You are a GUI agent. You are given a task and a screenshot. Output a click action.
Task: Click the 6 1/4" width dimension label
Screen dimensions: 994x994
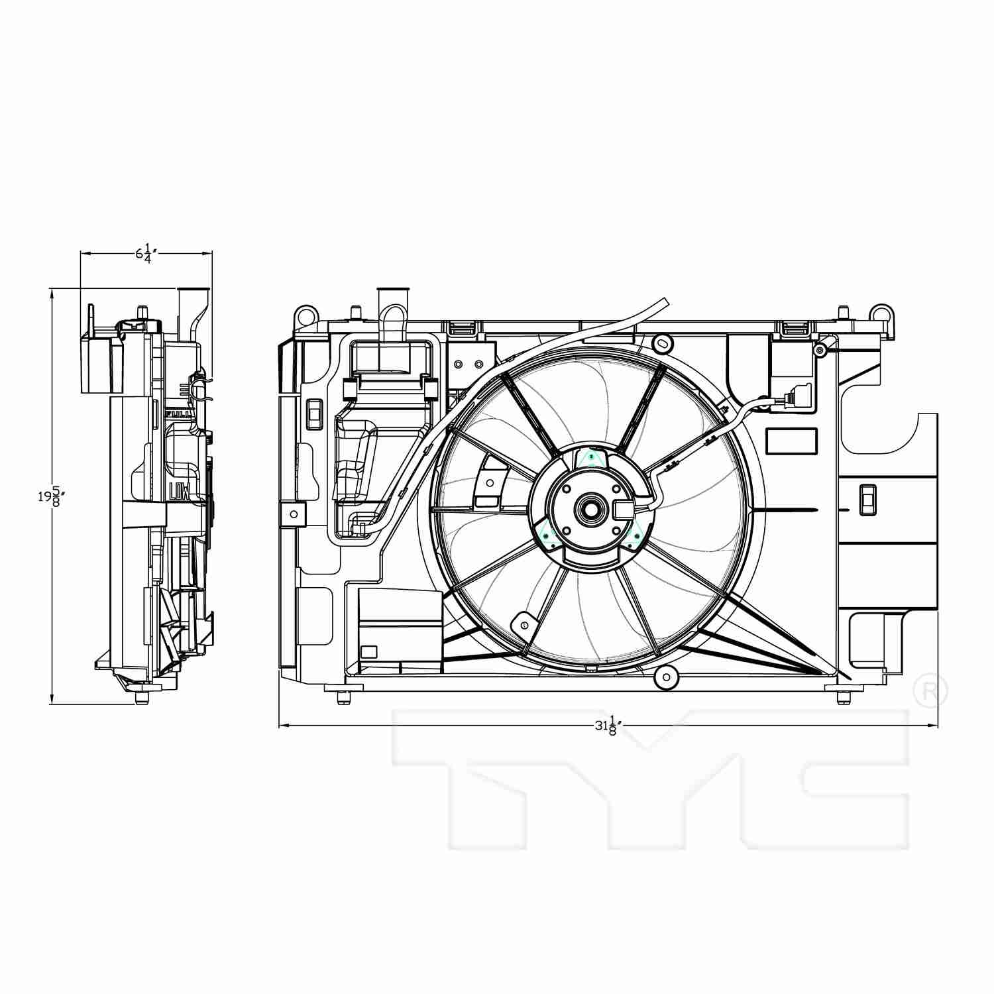click(146, 254)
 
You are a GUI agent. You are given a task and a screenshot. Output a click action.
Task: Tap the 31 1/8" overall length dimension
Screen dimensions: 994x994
click(606, 726)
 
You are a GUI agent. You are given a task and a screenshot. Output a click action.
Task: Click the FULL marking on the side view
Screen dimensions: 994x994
click(177, 414)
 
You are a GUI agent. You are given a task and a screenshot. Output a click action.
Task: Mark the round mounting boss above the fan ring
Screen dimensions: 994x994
click(661, 343)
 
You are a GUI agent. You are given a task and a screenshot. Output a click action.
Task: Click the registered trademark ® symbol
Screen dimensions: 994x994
click(930, 691)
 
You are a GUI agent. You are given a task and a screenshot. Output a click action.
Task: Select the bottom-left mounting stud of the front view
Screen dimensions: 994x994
click(343, 697)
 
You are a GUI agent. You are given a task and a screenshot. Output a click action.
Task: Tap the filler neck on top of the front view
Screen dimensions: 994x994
click(392, 302)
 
